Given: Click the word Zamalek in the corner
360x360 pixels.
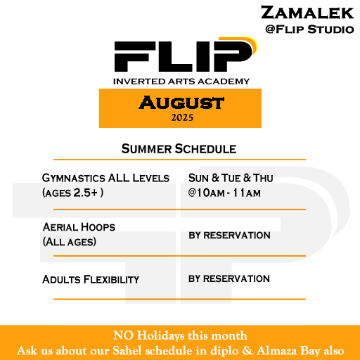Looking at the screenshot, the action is pyautogui.click(x=307, y=13).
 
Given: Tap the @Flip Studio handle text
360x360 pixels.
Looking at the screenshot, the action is pyautogui.click(x=309, y=30).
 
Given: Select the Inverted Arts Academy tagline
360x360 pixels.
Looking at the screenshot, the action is pyautogui.click(x=181, y=82).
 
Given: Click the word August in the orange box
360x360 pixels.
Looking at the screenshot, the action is pyautogui.click(x=181, y=103).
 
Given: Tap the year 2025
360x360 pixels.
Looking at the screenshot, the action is pyautogui.click(x=182, y=117).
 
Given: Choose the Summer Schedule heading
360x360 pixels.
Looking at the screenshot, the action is pyautogui.click(x=179, y=149).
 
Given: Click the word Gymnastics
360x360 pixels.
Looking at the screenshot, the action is pyautogui.click(x=74, y=179).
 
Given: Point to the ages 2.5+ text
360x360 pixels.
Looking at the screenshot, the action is pyautogui.click(x=73, y=193).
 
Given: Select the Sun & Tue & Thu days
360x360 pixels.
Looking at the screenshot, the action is pyautogui.click(x=231, y=178).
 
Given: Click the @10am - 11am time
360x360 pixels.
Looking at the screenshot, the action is pyautogui.click(x=224, y=193).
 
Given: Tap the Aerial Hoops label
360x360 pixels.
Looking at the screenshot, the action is pyautogui.click(x=79, y=227).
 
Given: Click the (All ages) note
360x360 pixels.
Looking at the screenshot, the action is pyautogui.click(x=70, y=242).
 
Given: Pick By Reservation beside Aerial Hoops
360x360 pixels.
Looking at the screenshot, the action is pyautogui.click(x=229, y=235).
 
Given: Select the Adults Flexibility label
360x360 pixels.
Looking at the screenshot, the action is pyautogui.click(x=91, y=279).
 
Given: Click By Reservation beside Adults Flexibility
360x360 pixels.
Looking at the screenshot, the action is pyautogui.click(x=229, y=278).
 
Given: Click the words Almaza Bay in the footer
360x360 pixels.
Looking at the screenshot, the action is pyautogui.click(x=289, y=351).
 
